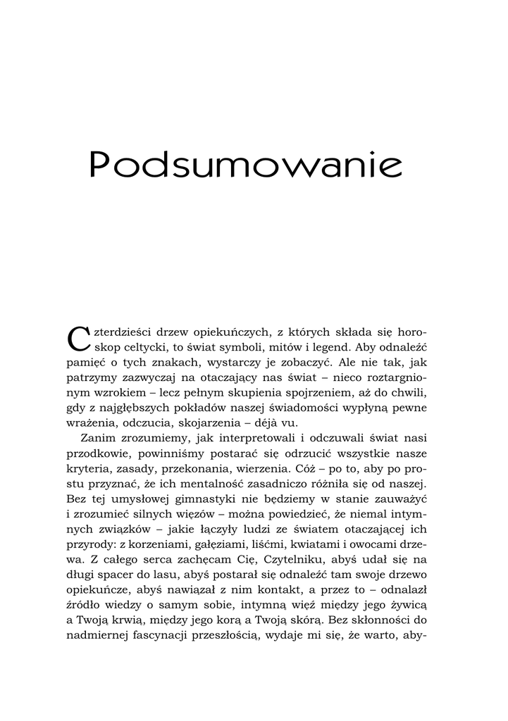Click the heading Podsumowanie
(x=246, y=167)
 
